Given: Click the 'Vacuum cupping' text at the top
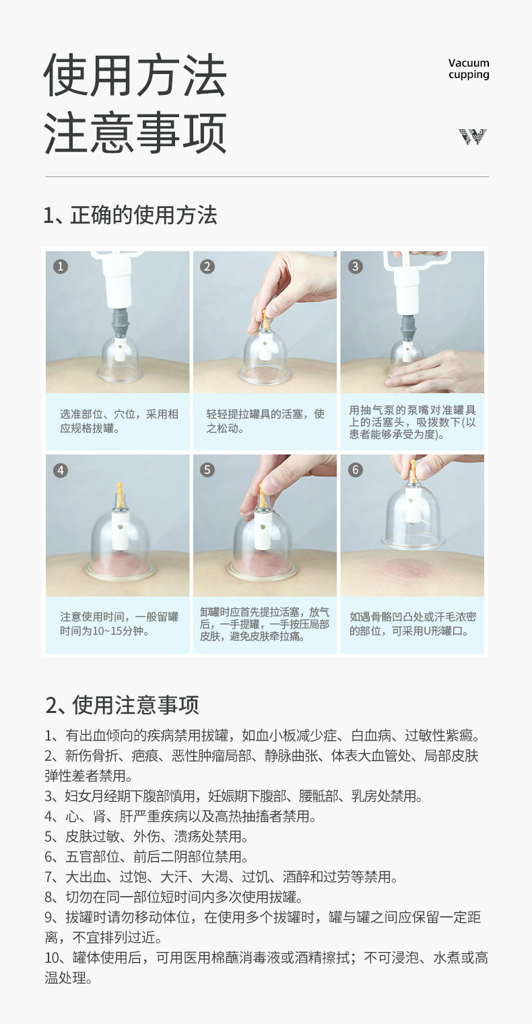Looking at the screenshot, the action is tap(469, 69).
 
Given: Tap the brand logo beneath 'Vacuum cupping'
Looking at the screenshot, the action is tap(473, 137).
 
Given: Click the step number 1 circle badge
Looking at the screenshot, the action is tap(61, 267).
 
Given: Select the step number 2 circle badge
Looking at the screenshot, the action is tap(207, 267).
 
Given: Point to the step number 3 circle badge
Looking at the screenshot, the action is tap(356, 267).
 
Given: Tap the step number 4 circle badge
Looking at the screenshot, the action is tap(61, 470).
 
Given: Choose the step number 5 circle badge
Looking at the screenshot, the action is tap(207, 470).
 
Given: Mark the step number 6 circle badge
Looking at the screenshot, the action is tap(356, 470).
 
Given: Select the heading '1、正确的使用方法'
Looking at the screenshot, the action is tap(131, 215).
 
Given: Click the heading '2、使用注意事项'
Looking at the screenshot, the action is tap(122, 704).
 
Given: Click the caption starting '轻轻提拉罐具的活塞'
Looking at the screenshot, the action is tap(265, 421).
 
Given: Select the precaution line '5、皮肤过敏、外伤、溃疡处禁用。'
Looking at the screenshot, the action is tap(146, 837).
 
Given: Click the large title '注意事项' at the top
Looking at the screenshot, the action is tap(135, 133).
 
